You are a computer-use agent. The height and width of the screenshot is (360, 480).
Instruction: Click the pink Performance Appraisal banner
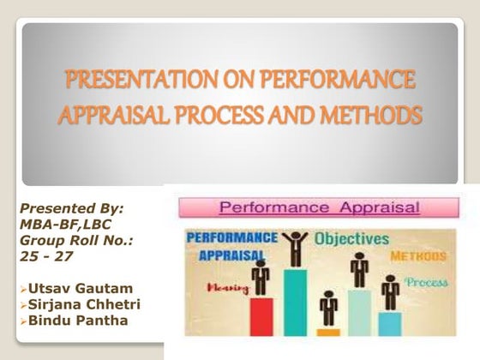pyautogui.click(x=316, y=207)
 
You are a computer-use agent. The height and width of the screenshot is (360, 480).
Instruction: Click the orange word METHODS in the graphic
pyautogui.click(x=420, y=256)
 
